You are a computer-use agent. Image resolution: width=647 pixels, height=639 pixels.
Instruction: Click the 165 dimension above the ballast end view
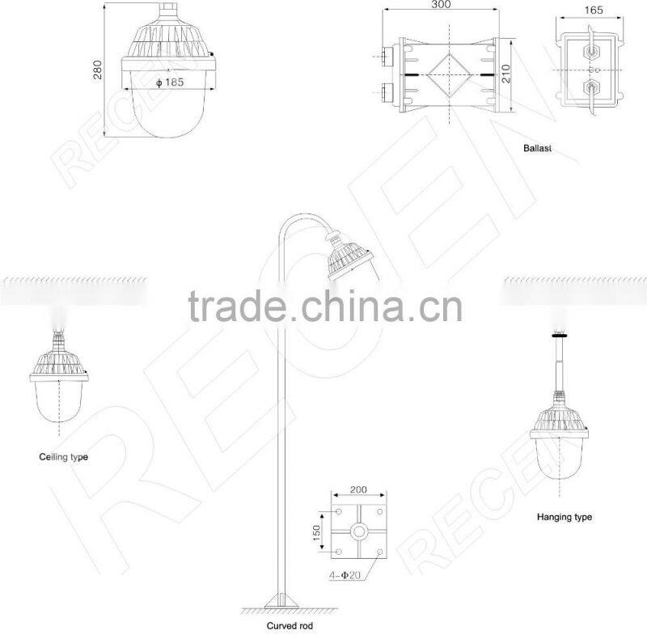point(593,11)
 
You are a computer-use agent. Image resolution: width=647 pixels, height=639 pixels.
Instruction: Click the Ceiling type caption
point(63,457)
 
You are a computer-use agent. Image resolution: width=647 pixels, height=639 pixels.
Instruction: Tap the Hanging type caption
point(565,517)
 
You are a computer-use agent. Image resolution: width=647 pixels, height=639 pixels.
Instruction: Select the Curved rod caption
point(290,626)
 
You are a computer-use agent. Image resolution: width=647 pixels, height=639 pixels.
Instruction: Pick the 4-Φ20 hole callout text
point(345,575)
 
